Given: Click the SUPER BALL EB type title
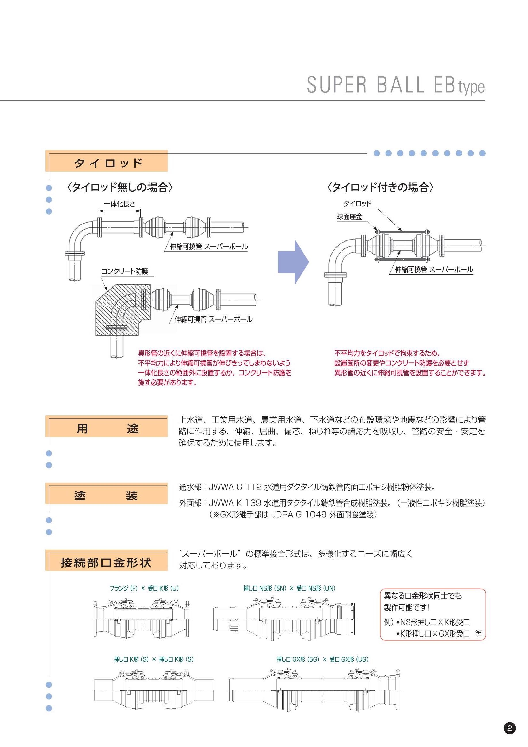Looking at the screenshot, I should (395, 86).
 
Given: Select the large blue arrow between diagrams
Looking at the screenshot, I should (293, 262).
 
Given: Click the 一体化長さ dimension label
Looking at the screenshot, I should (119, 204).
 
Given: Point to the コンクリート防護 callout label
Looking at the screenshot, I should (125, 271).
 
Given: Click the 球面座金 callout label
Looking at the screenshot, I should (349, 217).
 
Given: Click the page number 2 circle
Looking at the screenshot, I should (509, 728).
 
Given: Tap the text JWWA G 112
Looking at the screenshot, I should (235, 487).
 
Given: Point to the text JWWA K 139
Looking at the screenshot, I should (235, 503).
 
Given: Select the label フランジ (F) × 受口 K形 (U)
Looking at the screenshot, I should (144, 588).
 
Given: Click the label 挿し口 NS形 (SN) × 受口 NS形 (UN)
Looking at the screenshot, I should (289, 588).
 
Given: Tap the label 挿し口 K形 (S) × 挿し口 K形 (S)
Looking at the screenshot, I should (154, 659).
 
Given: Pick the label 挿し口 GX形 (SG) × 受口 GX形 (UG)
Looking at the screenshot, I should (322, 659).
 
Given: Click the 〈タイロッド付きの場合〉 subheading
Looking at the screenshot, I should (380, 187).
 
